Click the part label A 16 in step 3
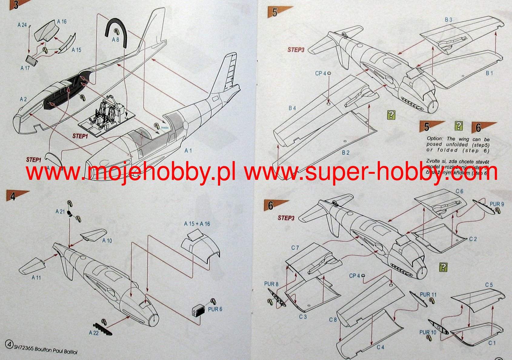[x=62, y=21]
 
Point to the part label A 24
[x=22, y=25]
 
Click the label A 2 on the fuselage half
[x=23, y=99]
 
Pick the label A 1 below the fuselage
[x=188, y=150]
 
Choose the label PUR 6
[x=215, y=309]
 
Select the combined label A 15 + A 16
[x=197, y=224]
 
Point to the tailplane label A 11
[x=36, y=277]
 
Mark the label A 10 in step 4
[x=107, y=241]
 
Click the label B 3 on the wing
[x=448, y=20]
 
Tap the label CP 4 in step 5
[x=321, y=73]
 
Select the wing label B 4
[x=292, y=108]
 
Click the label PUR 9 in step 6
[x=497, y=204]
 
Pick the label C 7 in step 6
[x=295, y=248]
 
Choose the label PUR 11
[x=428, y=295]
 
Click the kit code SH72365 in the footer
[x=24, y=348]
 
